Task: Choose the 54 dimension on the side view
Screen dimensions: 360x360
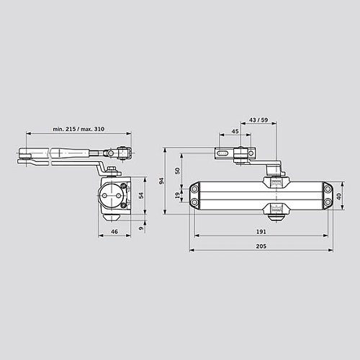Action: tap(141, 195)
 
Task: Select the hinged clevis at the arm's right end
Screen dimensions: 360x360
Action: tap(123, 153)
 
